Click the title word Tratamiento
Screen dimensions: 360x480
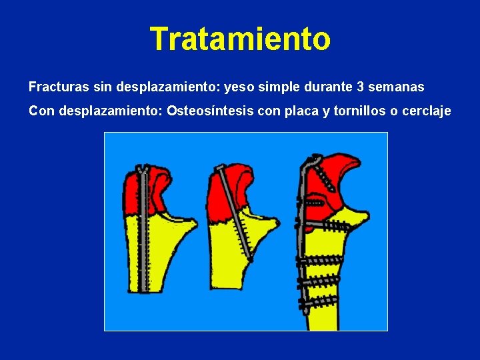240,39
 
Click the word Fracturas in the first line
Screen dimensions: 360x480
55,87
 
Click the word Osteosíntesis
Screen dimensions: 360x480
207,111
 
